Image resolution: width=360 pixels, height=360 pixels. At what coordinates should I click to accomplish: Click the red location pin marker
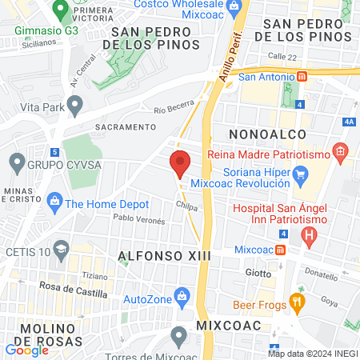pos(180,164)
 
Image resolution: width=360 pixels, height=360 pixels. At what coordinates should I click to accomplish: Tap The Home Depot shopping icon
pos(55,202)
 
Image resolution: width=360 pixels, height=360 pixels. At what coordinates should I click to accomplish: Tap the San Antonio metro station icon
pos(302,77)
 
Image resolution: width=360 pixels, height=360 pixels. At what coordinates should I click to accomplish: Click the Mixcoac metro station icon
pos(280,250)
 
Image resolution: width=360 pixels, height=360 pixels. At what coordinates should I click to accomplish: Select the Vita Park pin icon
pos(75,104)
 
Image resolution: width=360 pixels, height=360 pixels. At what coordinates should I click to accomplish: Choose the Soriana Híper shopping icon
pos(301,174)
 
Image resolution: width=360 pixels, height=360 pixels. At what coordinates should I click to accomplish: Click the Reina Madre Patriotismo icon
pos(341,150)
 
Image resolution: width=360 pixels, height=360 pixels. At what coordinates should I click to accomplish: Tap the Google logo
pos(26,350)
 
